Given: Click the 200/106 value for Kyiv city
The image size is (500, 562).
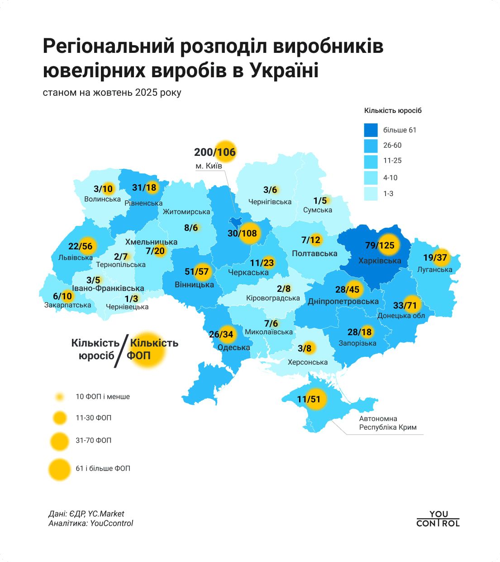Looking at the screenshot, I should pyautogui.click(x=215, y=152).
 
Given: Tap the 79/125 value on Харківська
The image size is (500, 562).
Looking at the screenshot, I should pyautogui.click(x=380, y=245).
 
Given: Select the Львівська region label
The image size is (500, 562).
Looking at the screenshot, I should pyautogui.click(x=75, y=258).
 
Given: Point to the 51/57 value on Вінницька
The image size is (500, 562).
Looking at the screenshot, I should pyautogui.click(x=196, y=272).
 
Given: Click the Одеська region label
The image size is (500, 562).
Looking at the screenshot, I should pyautogui.click(x=233, y=347).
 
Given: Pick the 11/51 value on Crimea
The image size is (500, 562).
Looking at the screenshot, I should pyautogui.click(x=309, y=399).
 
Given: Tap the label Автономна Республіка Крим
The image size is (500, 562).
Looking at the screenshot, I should pyautogui.click(x=387, y=423).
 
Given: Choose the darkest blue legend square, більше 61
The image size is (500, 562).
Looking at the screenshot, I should pyautogui.click(x=371, y=130).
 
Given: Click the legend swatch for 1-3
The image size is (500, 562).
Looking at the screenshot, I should pyautogui.click(x=371, y=194).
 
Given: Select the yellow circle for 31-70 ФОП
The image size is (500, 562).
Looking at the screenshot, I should pyautogui.click(x=59, y=440).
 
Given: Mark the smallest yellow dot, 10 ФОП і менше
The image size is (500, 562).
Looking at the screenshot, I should pyautogui.click(x=59, y=397).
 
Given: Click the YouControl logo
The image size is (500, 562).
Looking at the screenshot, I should pyautogui.click(x=438, y=519).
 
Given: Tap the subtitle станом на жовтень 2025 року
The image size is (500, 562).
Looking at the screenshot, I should pyautogui.click(x=112, y=93).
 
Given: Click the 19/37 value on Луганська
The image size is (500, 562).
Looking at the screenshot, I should pyautogui.click(x=435, y=258).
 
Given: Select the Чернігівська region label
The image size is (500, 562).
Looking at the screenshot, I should pyautogui.click(x=270, y=202).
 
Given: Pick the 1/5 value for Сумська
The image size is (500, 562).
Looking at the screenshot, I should pyautogui.click(x=320, y=201).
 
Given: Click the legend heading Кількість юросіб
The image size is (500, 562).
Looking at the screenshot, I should pyautogui.click(x=392, y=111).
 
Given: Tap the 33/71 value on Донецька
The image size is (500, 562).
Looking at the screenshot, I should pyautogui.click(x=405, y=305).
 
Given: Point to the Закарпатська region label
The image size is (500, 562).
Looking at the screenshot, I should pyautogui.click(x=67, y=305).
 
